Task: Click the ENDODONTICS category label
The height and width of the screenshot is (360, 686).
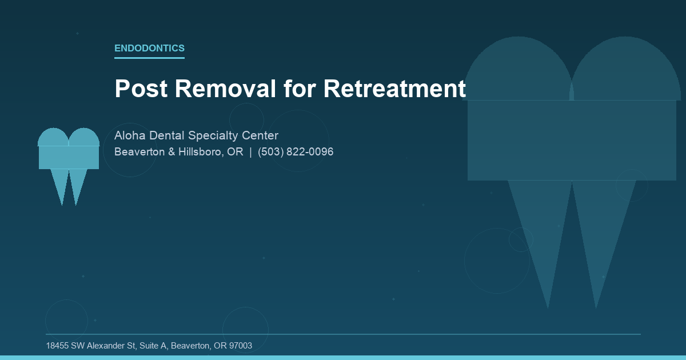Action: click(x=149, y=49)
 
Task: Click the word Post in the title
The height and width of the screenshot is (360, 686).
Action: click(x=139, y=89)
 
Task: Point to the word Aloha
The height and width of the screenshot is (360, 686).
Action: click(x=130, y=135)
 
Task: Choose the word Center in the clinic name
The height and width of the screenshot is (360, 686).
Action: click(x=260, y=135)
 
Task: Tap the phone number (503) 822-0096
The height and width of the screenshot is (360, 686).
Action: click(x=296, y=152)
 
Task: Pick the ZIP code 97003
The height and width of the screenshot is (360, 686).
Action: click(x=240, y=346)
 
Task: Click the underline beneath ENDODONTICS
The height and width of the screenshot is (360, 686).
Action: click(x=149, y=58)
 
